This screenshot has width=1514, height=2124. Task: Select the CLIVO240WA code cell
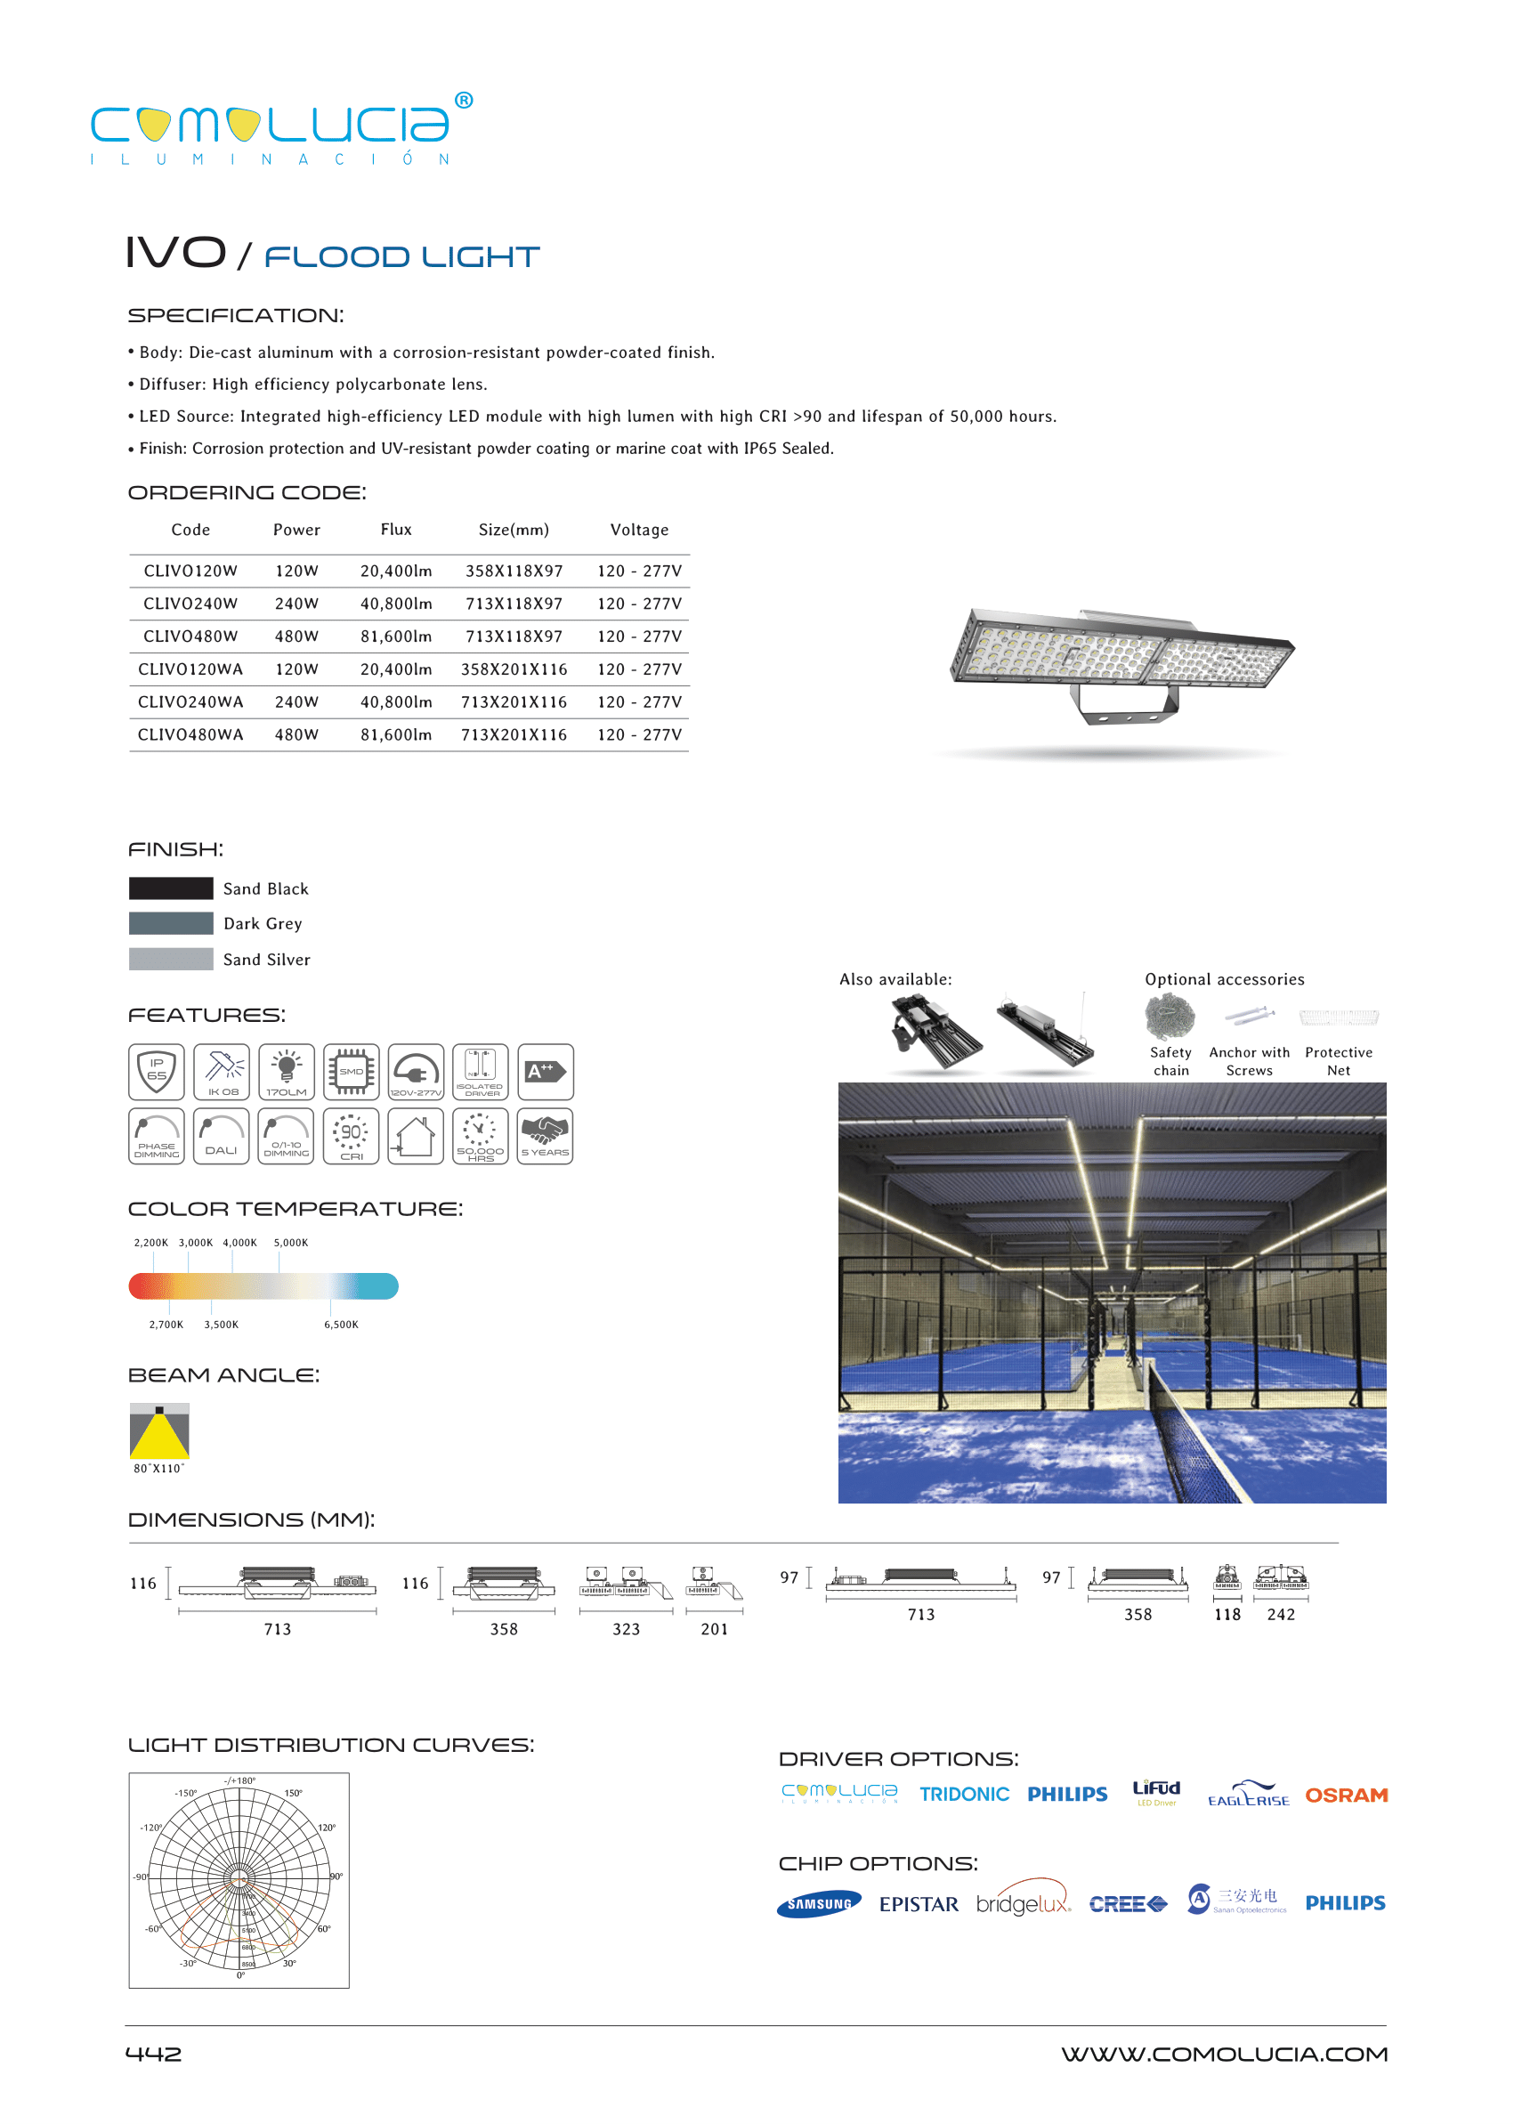pos(190,702)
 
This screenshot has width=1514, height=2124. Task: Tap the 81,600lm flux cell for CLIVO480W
pos(396,636)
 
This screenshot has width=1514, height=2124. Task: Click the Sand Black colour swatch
pos(171,888)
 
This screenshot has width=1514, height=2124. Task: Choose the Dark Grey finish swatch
pos(171,923)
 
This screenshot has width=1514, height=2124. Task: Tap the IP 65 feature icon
pos(157,1071)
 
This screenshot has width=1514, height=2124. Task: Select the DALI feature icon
pos(221,1136)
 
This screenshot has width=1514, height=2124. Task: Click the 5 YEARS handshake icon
pos(545,1136)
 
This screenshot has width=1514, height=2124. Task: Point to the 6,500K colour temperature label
pos(340,1324)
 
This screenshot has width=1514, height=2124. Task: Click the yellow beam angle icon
pos(159,1431)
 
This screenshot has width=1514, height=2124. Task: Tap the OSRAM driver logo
pos(1345,1795)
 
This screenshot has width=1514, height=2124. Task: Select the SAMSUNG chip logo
pos(819,1903)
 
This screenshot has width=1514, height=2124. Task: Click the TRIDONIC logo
pos(964,1795)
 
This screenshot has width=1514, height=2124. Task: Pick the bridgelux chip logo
pos(1023,1903)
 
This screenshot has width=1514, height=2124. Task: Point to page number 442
pos(154,2054)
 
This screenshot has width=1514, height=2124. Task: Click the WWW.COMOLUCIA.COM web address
pos(1223,2054)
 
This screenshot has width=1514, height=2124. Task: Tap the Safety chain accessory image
pos(1170,1017)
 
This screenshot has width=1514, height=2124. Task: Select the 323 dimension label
pos(626,1629)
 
